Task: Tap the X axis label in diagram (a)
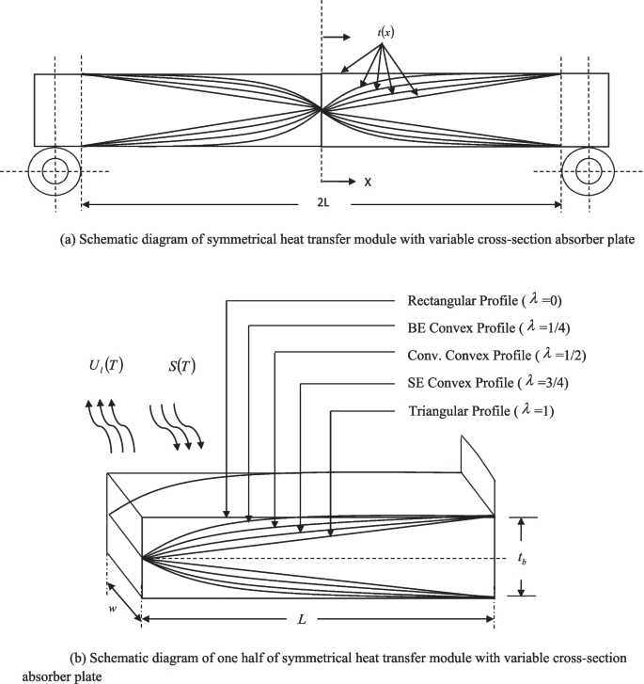click(x=368, y=182)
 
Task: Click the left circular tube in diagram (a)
click(x=54, y=171)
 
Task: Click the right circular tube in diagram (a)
click(x=589, y=171)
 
